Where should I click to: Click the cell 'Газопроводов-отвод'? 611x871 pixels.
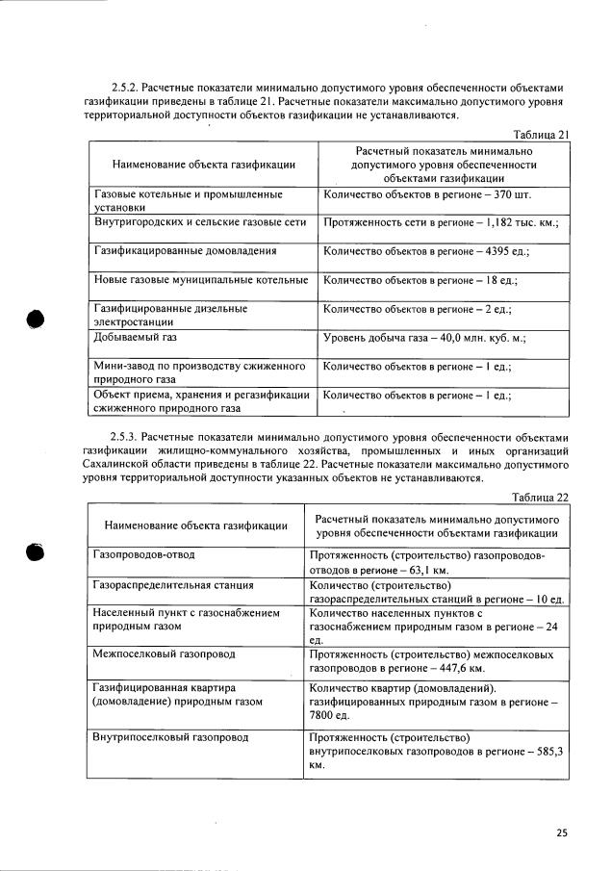click(144, 556)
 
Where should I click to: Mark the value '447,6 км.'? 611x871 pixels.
click(459, 667)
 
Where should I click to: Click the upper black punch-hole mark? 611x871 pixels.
click(36, 320)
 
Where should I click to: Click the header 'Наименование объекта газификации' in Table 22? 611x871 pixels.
click(196, 525)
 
